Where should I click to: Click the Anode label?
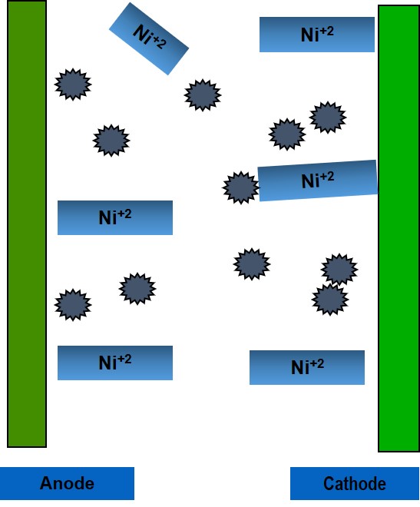[67, 483]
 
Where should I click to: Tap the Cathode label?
[355, 484]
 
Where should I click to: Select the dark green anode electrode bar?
[27, 224]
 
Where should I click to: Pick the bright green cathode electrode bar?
[399, 228]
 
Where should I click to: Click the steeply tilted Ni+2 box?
[149, 38]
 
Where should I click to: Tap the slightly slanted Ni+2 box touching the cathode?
[318, 181]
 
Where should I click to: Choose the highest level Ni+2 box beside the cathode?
[317, 35]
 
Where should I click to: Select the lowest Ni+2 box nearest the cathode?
[307, 367]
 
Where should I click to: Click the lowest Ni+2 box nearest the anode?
[115, 363]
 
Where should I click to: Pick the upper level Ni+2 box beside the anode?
[115, 217]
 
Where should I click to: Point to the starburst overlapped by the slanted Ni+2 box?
[240, 187]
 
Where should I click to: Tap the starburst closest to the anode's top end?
[73, 84]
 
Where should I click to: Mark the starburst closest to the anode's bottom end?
[73, 305]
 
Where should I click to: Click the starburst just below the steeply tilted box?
[203, 95]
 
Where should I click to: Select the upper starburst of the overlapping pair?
[339, 270]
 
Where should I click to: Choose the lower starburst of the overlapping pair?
[330, 299]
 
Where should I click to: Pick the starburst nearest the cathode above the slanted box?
[328, 117]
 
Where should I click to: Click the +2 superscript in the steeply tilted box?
[159, 42]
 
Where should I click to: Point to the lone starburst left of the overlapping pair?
[252, 263]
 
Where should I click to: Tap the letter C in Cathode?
[329, 484]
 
